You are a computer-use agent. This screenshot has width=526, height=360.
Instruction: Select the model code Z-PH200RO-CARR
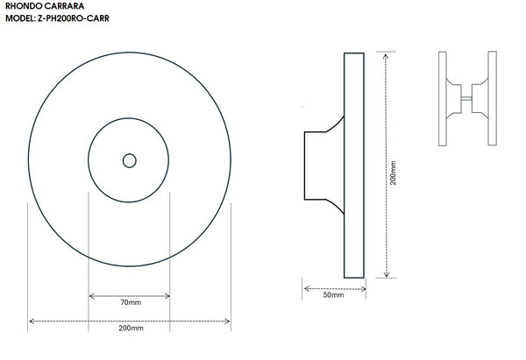(x=74, y=18)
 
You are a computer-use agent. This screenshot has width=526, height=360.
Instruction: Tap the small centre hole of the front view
(x=130, y=160)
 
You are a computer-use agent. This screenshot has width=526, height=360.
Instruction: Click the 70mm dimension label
(x=131, y=302)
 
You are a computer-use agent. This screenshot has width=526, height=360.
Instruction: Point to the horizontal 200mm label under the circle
(x=131, y=328)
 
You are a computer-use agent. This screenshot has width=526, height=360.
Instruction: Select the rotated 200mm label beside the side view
(x=393, y=173)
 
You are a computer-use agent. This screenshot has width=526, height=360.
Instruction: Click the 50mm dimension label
(x=333, y=295)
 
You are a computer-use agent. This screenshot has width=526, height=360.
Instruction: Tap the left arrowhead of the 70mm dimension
(x=91, y=296)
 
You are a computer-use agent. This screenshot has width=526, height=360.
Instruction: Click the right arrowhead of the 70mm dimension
(x=167, y=296)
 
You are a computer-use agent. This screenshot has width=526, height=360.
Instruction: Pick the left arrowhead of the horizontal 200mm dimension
(x=32, y=321)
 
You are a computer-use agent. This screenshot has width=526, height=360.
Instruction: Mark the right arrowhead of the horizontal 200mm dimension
(x=227, y=321)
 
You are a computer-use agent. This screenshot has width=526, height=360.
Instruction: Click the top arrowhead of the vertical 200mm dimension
(x=386, y=56)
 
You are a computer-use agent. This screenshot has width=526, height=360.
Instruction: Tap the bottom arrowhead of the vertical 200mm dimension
(x=387, y=274)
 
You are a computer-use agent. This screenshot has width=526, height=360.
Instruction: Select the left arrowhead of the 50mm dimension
(x=307, y=288)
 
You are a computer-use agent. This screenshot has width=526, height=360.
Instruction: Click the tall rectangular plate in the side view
(x=354, y=166)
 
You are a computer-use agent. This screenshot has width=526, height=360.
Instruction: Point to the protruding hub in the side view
(x=324, y=166)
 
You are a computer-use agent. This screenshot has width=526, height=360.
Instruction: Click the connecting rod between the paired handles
(x=466, y=99)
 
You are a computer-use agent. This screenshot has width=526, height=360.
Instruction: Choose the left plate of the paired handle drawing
(x=443, y=99)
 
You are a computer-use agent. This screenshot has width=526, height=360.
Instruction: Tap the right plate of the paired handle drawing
(x=492, y=98)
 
